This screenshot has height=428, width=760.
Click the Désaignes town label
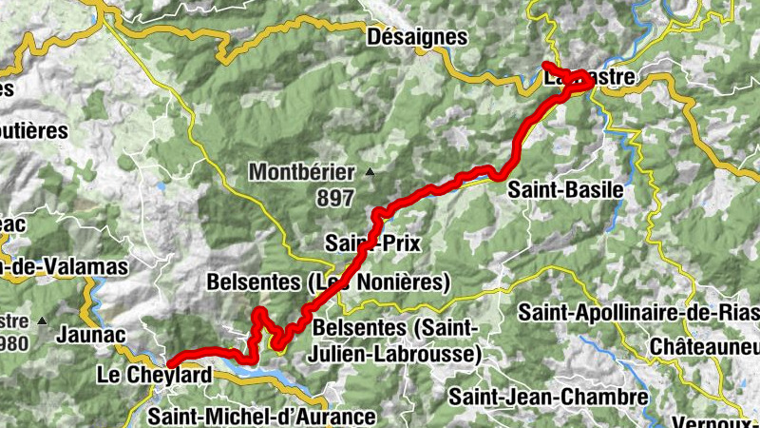pyautogui.click(x=418, y=37)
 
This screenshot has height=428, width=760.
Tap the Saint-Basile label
pyautogui.click(x=566, y=189)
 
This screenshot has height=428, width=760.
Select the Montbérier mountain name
pyautogui.click(x=301, y=172)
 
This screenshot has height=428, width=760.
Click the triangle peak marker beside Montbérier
pyautogui.click(x=370, y=173)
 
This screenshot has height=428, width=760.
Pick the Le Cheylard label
pyautogui.click(x=154, y=376)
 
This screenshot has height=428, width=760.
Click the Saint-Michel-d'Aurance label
pyautogui.click(x=262, y=416)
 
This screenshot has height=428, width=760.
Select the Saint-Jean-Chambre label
pyautogui.click(x=549, y=396)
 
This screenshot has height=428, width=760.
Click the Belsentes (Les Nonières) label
pyautogui.click(x=328, y=282)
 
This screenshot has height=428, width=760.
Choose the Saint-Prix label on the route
pyautogui.click(x=371, y=243)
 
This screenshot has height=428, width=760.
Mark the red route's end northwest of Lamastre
pyautogui.click(x=546, y=65)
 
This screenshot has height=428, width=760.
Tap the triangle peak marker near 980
pyautogui.click(x=43, y=320)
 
